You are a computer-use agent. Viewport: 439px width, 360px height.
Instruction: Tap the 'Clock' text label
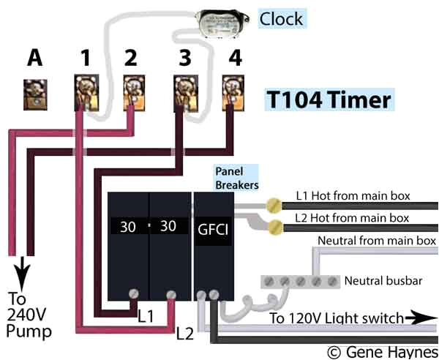click(x=282, y=18)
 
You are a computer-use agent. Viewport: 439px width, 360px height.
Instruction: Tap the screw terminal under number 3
click(x=181, y=92)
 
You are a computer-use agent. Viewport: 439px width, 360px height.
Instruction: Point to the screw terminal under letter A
click(x=34, y=93)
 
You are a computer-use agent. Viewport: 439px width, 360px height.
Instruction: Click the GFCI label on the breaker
click(x=213, y=227)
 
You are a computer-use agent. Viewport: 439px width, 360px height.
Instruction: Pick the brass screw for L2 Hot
click(x=277, y=225)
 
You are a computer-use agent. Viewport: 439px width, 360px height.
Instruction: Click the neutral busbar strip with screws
click(x=301, y=281)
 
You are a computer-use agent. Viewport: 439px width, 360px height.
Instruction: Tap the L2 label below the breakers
click(x=186, y=332)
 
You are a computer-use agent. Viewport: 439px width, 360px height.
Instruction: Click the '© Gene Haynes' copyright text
click(x=378, y=350)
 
